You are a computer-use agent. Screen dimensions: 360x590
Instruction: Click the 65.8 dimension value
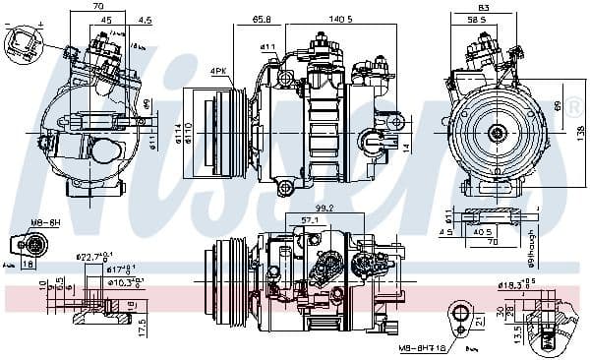(262, 19)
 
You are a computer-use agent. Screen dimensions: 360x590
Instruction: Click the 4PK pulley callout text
(218, 70)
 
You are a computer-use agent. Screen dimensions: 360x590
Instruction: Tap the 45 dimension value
(105, 19)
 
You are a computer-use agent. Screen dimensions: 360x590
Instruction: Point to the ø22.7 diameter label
(92, 258)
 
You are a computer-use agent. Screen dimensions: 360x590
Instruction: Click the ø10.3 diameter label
(123, 283)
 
